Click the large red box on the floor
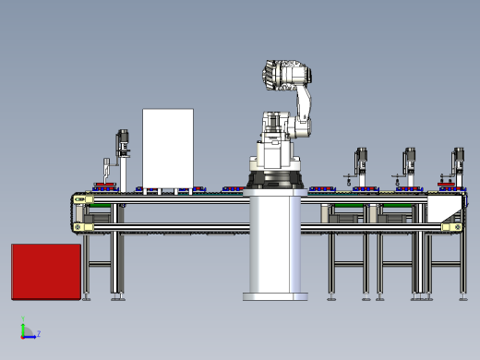click(46, 271)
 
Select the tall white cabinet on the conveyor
click(168, 149)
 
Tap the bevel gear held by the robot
click(270, 76)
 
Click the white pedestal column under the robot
click(275, 243)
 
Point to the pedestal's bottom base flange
click(275, 296)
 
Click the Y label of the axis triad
click(23, 318)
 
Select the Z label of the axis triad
click(39, 333)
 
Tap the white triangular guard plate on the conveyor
click(444, 209)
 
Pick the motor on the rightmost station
click(458, 159)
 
